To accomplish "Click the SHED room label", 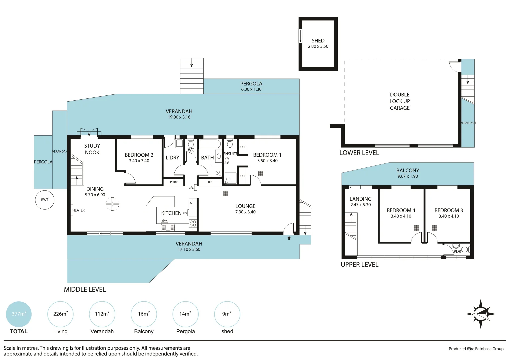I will click(318, 41).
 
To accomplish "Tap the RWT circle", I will click(45, 200).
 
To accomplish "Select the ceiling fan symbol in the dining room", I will click(112, 204).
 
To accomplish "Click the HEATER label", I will click(79, 210).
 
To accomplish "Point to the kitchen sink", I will click(168, 228).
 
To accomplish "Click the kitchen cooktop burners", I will click(193, 223).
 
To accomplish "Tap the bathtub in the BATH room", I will click(210, 144).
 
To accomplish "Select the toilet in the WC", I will click(191, 144).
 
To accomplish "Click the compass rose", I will click(480, 314).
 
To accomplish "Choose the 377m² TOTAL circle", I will click(19, 314).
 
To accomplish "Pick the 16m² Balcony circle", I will click(144, 314).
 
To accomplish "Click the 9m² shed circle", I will click(227, 314).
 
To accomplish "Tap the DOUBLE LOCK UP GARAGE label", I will click(400, 101).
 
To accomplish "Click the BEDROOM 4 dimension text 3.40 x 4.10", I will click(401, 216).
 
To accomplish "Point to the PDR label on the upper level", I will click(457, 252).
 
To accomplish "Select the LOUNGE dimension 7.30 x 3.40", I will click(245, 212).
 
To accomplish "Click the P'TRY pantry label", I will click(174, 182).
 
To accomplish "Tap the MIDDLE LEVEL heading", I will click(85, 290).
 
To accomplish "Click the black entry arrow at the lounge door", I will click(289, 238).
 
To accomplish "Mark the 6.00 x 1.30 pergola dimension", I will click(251, 89).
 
